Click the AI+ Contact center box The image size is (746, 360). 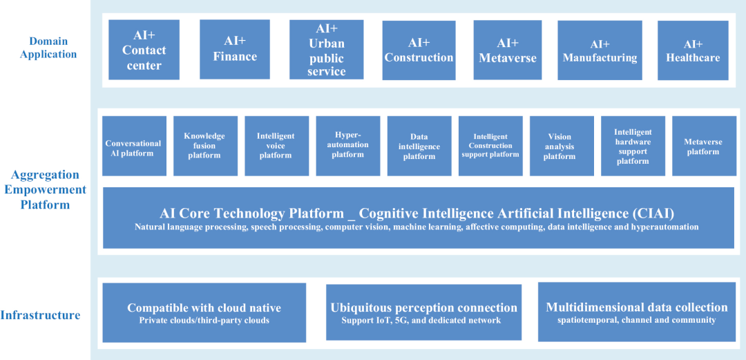tap(144, 50)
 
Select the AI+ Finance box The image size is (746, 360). tap(235, 49)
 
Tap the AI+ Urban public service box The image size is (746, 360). tap(326, 50)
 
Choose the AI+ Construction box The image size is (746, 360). tap(419, 50)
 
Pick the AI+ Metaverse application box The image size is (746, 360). tap(508, 50)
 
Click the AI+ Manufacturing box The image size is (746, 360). tap(600, 50)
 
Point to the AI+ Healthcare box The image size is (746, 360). tap(694, 50)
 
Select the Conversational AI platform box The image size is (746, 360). tap(134, 146)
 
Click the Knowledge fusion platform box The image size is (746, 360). tap(206, 146)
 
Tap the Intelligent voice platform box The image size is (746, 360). tap(277, 146)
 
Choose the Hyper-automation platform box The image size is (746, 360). tap(348, 146)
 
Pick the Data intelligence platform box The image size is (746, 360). tap(420, 146)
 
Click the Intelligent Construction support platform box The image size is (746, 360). tap(490, 146)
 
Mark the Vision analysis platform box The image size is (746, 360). tap(562, 146)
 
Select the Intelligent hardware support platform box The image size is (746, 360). tap(633, 146)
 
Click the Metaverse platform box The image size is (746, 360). tap(704, 146)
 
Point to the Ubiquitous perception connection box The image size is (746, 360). tap(424, 312)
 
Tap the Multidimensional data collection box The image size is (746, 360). tap(637, 312)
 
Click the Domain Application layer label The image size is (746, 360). tap(48, 48)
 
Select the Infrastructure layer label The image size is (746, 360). tap(41, 315)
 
